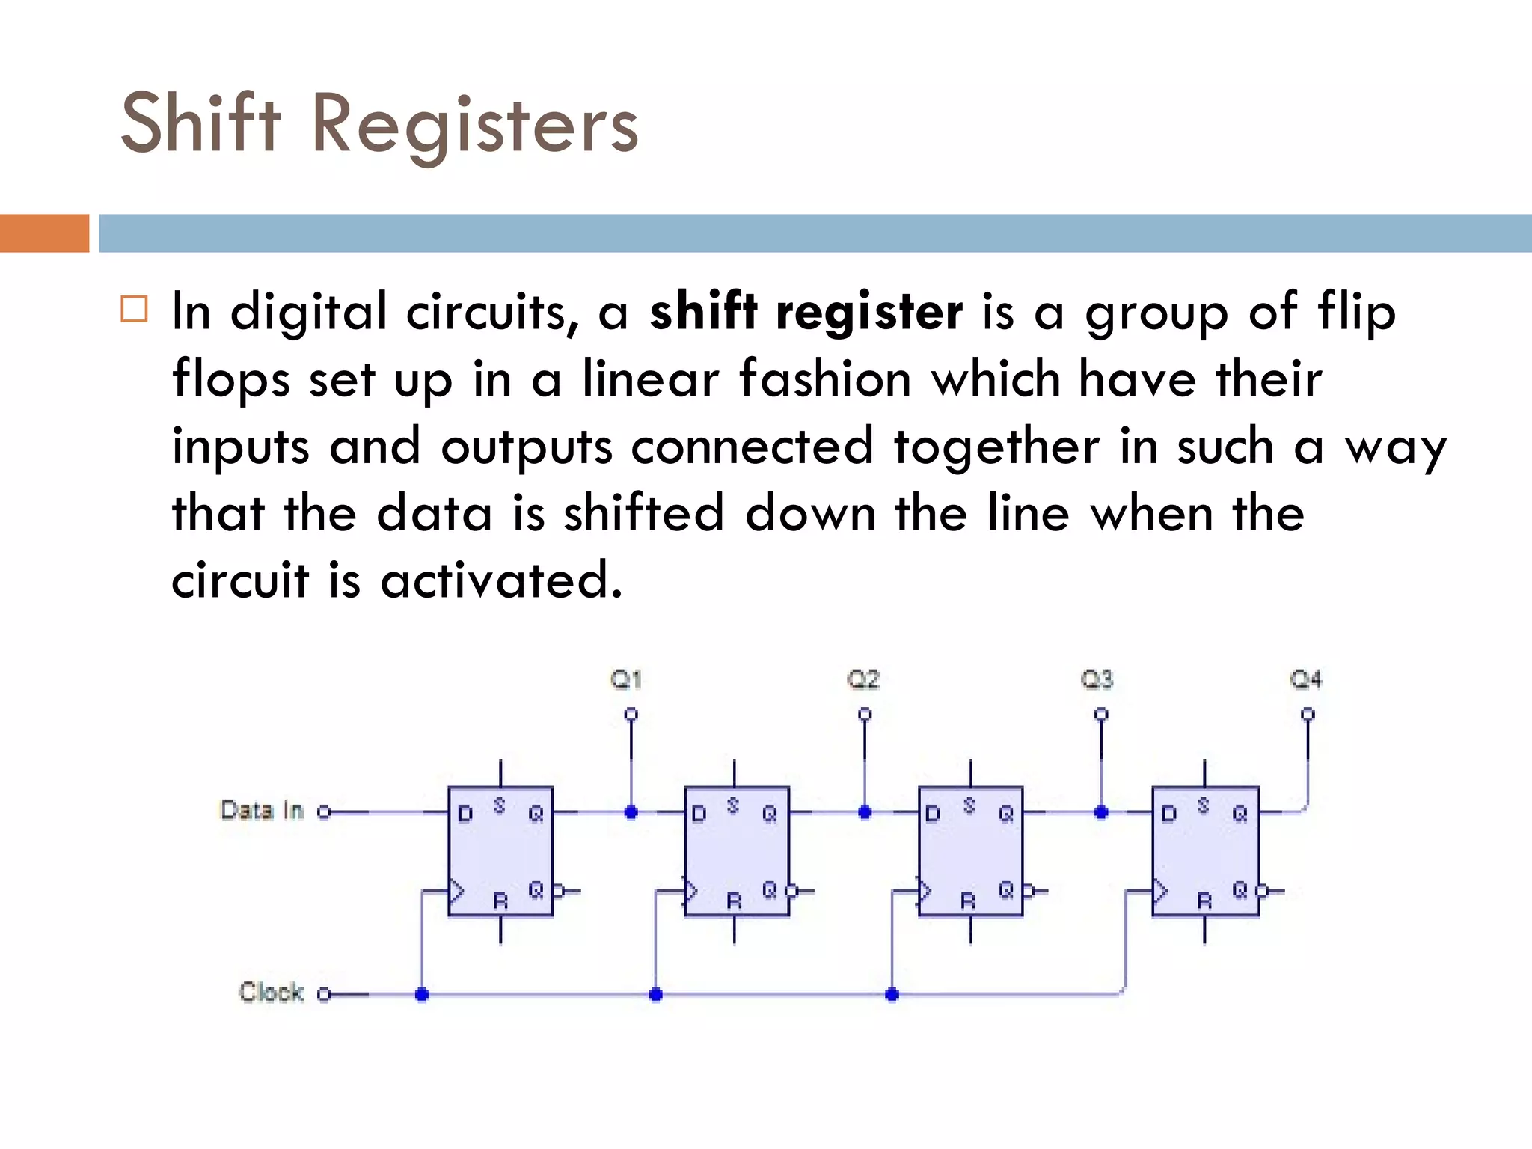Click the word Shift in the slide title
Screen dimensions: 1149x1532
pyautogui.click(x=200, y=123)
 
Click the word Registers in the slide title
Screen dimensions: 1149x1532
pyautogui.click(x=474, y=127)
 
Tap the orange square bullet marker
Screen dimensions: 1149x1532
pyautogui.click(x=134, y=309)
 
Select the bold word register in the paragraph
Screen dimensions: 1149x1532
pyautogui.click(x=869, y=312)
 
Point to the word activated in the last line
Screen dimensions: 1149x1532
pyautogui.click(x=500, y=580)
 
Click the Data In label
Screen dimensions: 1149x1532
pyautogui.click(x=262, y=810)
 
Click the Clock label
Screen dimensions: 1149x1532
pyautogui.click(x=271, y=992)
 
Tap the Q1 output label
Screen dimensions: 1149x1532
pyautogui.click(x=626, y=679)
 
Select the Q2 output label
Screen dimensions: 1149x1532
pyautogui.click(x=863, y=679)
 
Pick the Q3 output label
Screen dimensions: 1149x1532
pyautogui.click(x=1097, y=679)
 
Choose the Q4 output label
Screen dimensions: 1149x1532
pyautogui.click(x=1306, y=679)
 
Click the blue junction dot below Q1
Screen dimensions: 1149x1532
pyautogui.click(x=631, y=812)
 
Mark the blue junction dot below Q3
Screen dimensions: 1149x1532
pyautogui.click(x=1101, y=812)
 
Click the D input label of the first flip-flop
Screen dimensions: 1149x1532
pyautogui.click(x=465, y=814)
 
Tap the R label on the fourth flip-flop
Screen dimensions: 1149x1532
pyautogui.click(x=1204, y=901)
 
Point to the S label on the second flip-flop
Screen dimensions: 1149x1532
pyautogui.click(x=733, y=806)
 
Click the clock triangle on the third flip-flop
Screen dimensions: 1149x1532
pyautogui.click(x=925, y=891)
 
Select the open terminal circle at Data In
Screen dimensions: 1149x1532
pyautogui.click(x=324, y=812)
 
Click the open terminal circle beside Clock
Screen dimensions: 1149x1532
pyautogui.click(x=324, y=994)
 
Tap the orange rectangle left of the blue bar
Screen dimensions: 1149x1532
pyautogui.click(x=44, y=233)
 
